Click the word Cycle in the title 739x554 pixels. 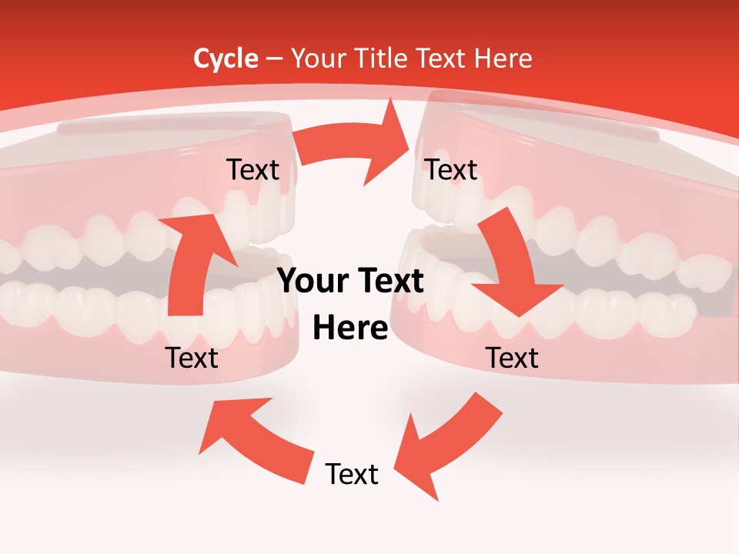click(226, 58)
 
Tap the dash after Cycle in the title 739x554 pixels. click(274, 59)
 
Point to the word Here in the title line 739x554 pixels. click(505, 58)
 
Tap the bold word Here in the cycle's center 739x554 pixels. click(350, 328)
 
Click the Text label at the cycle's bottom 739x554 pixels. click(352, 474)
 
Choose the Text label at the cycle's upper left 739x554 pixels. click(252, 169)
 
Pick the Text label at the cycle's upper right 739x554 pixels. click(451, 169)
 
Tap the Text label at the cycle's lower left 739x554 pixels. click(192, 358)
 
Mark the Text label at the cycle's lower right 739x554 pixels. click(512, 358)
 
